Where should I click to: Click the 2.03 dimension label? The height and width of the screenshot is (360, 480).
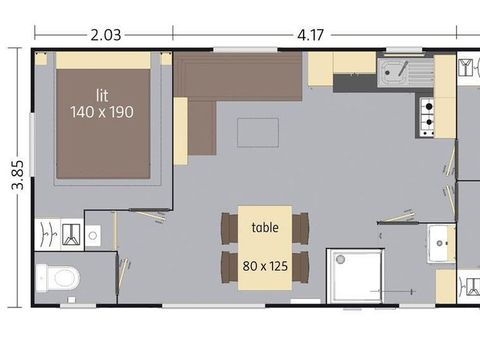tap(106, 35)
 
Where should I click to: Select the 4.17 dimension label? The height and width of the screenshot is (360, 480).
tap(310, 35)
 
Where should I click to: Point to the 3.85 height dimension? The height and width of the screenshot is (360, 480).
tap(18, 175)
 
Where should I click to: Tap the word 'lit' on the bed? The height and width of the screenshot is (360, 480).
tap(102, 96)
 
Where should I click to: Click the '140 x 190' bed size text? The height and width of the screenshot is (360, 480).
tap(102, 112)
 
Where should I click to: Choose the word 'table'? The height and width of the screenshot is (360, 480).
tap(265, 227)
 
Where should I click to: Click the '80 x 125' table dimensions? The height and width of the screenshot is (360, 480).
tap(265, 266)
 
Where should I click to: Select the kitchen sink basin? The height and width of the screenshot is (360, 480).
tap(393, 72)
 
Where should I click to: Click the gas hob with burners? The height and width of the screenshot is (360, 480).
tap(427, 117)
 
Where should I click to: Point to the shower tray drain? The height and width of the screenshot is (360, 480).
tap(340, 259)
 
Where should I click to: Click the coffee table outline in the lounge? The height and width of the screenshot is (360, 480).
tap(258, 132)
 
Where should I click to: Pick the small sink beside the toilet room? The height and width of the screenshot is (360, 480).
tap(93, 236)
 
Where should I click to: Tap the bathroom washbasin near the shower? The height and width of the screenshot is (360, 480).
tap(441, 243)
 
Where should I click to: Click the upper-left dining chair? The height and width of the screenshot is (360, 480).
tap(230, 228)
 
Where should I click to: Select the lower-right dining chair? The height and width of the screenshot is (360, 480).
tap(300, 267)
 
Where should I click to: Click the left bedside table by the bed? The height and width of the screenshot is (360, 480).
tap(41, 58)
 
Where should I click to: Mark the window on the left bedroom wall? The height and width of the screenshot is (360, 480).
tap(32, 144)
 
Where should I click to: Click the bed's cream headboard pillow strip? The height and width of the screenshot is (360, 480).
tap(103, 60)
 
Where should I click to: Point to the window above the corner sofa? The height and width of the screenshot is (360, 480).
tap(245, 50)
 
